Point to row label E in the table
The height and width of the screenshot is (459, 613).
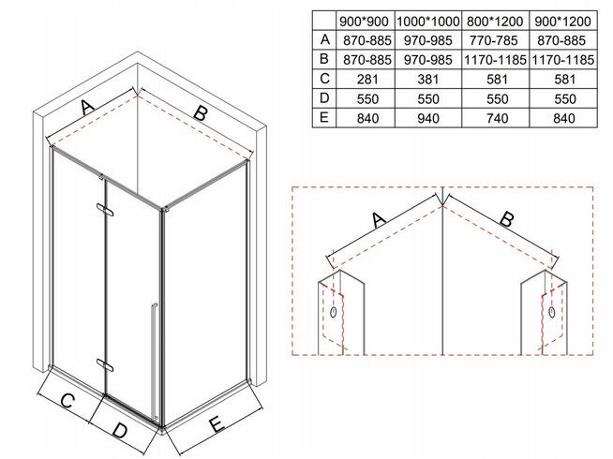tap(324, 118)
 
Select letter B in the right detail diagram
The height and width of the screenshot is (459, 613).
tap(503, 221)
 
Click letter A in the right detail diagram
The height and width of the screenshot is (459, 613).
tap(379, 221)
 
